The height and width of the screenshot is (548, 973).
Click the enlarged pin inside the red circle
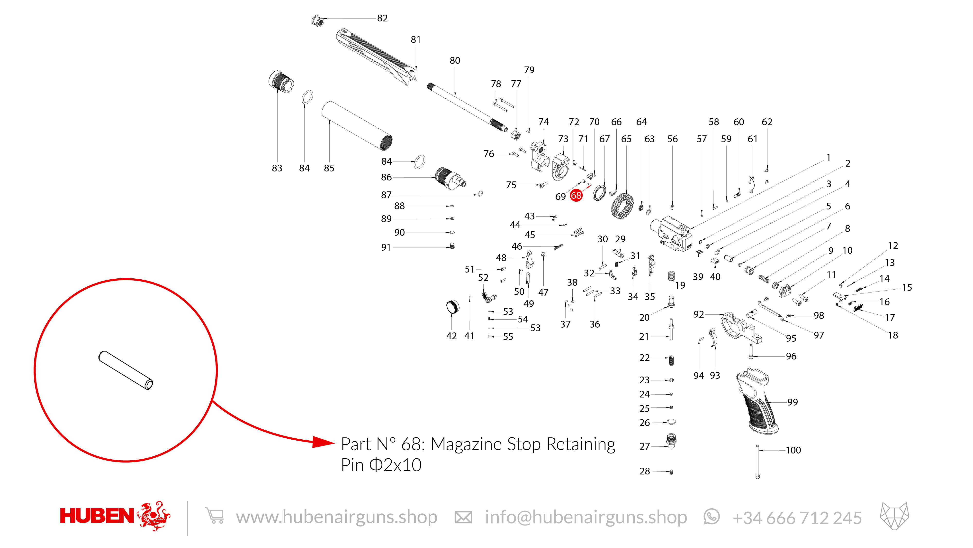point(126,370)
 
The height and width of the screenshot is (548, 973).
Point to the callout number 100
point(793,450)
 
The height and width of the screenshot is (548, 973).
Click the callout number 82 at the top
point(382,18)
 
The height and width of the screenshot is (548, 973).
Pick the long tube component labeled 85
point(357,126)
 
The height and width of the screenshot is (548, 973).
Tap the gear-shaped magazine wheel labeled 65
point(622,206)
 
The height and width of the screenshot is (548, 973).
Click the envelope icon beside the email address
point(463,517)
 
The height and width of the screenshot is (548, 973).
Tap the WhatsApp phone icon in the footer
point(712,517)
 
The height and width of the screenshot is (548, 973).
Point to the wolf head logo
point(894,516)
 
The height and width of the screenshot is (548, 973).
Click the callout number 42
point(451,336)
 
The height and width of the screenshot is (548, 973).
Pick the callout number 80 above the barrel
point(455,60)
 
